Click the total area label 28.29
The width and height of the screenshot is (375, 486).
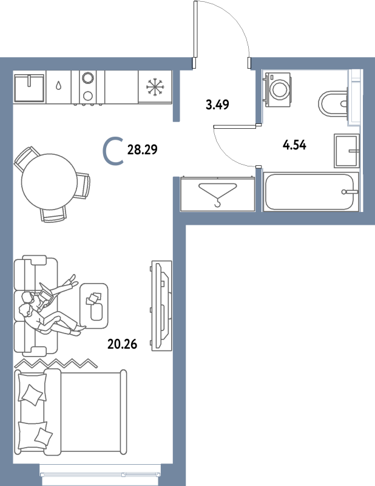point(143,149)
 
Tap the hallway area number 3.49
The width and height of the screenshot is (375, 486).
point(217,104)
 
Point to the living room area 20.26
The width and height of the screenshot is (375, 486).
point(121,344)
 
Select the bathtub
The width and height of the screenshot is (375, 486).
point(310,191)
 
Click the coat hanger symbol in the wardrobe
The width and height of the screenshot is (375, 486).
point(216,194)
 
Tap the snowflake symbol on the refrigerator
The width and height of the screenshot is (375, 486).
point(155,87)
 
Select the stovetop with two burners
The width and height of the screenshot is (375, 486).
point(87,87)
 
